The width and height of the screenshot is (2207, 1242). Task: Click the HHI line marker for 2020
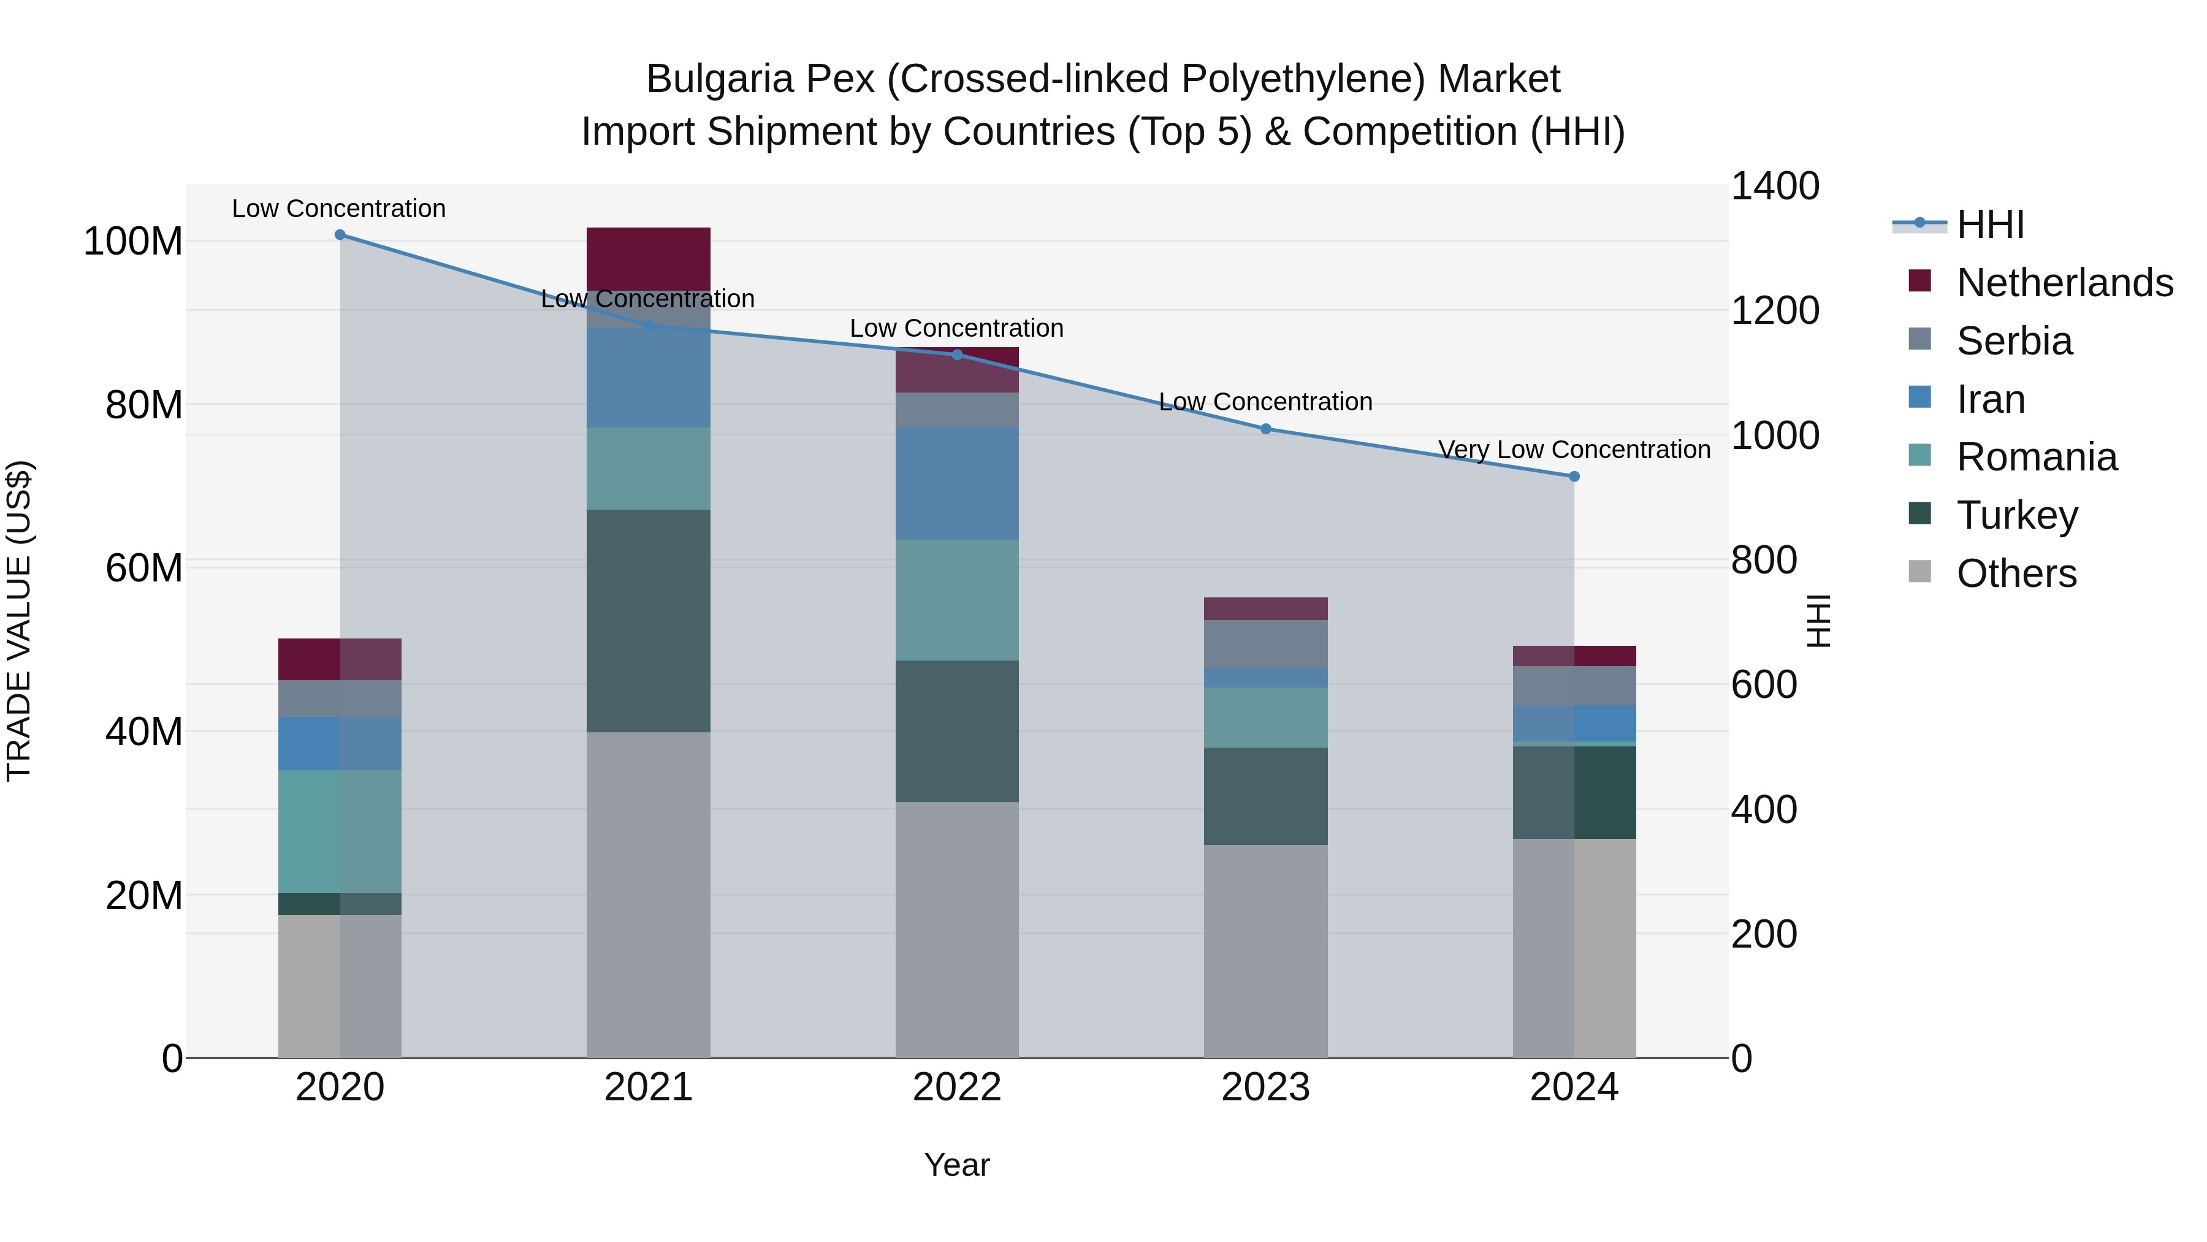point(340,235)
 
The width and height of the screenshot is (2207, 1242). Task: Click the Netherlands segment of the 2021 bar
point(649,258)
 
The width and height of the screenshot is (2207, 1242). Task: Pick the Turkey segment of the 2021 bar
point(649,621)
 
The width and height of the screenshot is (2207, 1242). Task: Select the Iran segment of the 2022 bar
point(957,483)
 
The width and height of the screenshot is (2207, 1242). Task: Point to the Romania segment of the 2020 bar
point(340,832)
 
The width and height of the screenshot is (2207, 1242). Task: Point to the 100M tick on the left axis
point(133,242)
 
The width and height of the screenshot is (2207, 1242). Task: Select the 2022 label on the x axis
point(957,1087)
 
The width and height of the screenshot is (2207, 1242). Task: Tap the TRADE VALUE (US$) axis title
point(19,621)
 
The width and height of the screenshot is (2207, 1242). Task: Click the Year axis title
point(957,1165)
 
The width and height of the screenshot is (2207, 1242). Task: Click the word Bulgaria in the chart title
point(720,79)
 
